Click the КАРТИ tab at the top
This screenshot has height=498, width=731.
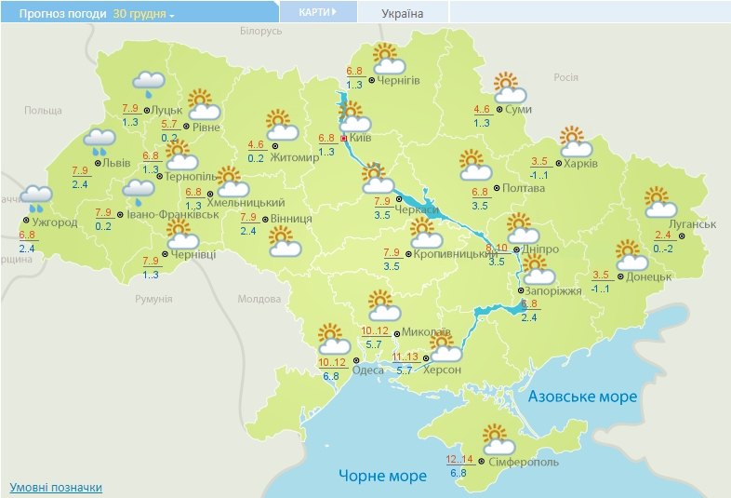tap(317, 12)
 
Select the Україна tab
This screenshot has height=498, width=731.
tap(402, 13)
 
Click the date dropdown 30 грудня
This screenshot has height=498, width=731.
tap(143, 14)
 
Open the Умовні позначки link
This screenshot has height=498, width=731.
tap(55, 488)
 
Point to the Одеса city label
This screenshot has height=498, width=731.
tap(368, 370)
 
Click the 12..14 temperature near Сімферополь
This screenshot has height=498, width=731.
tap(459, 459)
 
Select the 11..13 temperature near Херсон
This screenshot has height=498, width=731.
tap(405, 357)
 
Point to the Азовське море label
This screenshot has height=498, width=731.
tap(582, 397)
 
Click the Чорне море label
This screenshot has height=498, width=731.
tap(382, 476)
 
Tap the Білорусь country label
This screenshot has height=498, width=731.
tap(259, 31)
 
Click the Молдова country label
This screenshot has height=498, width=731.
tap(259, 299)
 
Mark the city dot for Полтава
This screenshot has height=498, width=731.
tap(496, 188)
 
